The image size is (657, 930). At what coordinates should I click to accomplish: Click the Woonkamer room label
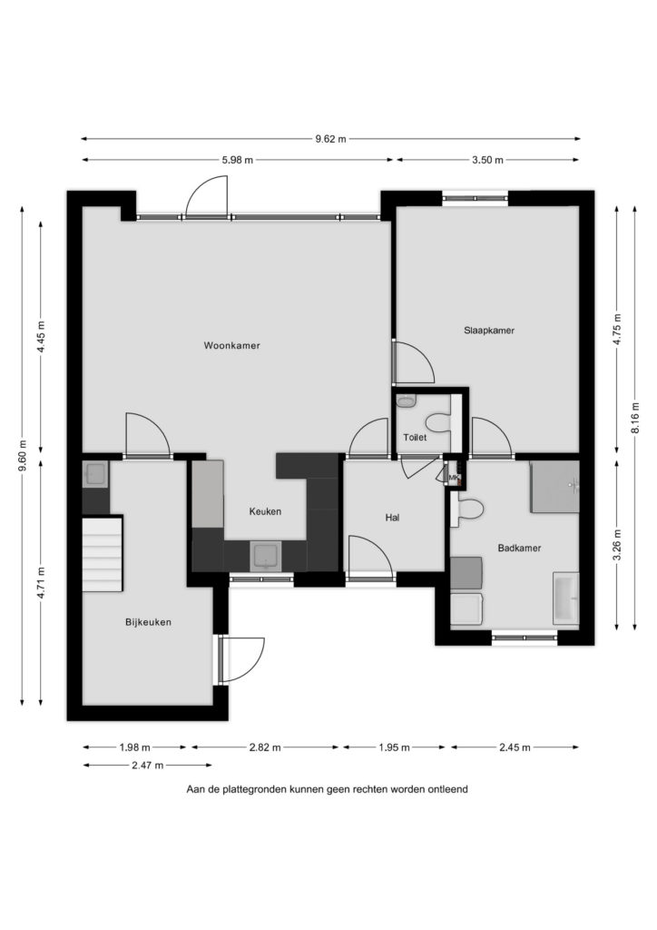point(231,345)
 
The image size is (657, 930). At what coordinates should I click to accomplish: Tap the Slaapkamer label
point(489,331)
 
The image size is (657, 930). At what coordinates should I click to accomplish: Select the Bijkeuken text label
point(148,622)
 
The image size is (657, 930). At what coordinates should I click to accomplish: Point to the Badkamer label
point(519,548)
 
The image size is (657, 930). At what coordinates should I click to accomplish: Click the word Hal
point(392,517)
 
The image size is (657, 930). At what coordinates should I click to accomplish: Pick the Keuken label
point(265,511)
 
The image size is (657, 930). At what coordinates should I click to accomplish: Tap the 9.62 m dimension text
point(330,139)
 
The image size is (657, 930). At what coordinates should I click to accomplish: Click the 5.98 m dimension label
point(237,160)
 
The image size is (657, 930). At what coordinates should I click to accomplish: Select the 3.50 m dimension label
point(487,160)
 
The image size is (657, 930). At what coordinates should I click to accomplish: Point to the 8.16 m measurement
point(635,418)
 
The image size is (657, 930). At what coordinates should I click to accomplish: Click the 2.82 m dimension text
point(265,747)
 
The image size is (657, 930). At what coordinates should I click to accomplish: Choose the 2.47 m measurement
point(148,765)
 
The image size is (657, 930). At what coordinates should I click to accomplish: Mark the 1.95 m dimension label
point(394,747)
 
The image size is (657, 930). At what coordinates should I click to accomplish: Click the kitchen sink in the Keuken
point(267,556)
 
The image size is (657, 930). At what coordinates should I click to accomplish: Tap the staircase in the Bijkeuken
point(102,553)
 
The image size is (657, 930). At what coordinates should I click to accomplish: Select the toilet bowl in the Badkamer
point(468,510)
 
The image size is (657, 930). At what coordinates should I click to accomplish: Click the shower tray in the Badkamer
point(554,487)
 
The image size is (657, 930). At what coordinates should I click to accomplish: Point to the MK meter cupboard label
point(455,478)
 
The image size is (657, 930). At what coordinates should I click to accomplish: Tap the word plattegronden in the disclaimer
point(256,789)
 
